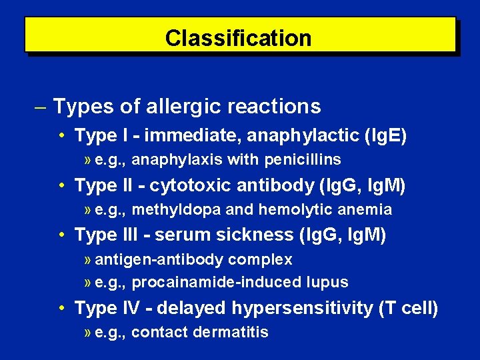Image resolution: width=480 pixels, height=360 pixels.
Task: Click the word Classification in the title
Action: tap(238, 38)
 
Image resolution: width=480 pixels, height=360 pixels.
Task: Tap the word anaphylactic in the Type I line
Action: tap(305, 136)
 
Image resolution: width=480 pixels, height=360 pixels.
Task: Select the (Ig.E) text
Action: tap(385, 136)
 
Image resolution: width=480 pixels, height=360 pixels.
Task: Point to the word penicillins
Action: tap(307, 160)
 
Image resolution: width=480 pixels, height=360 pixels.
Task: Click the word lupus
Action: tap(327, 282)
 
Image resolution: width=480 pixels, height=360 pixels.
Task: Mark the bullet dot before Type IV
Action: tap(61, 308)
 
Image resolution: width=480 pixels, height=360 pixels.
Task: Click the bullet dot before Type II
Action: tap(61, 185)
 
